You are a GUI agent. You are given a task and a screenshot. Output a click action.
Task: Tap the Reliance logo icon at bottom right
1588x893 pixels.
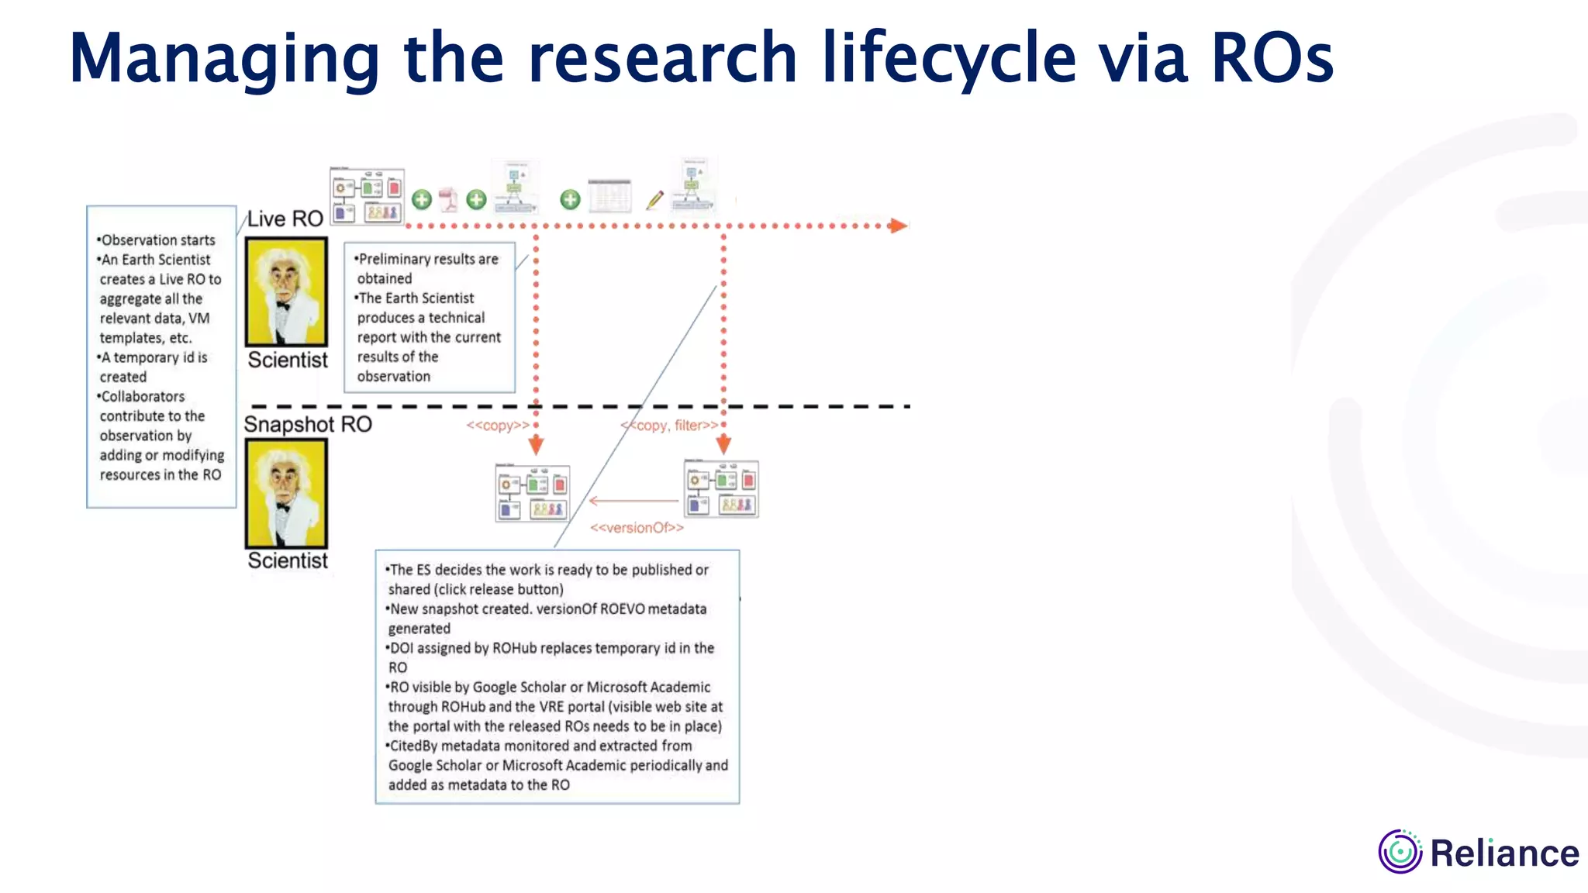[x=1400, y=851]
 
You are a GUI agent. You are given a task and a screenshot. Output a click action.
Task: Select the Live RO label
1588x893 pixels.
[x=285, y=219]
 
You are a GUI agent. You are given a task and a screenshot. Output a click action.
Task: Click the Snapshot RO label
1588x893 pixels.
[x=308, y=424]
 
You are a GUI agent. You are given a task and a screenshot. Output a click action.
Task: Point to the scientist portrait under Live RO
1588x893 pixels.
[x=286, y=291]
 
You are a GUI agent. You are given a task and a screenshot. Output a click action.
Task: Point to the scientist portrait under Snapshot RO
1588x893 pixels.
[x=286, y=493]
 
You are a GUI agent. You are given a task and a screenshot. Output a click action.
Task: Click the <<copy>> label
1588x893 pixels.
[x=498, y=425]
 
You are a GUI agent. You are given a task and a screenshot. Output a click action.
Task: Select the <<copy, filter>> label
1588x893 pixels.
[x=669, y=425]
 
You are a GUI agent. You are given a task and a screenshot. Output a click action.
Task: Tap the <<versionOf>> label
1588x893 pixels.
[x=637, y=528]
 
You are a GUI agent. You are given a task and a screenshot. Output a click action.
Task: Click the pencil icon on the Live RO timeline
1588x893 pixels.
[x=654, y=200]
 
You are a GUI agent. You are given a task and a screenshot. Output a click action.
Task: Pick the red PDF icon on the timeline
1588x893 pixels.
[x=448, y=199]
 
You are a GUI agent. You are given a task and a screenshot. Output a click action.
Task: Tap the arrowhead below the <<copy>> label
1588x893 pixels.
[x=536, y=445]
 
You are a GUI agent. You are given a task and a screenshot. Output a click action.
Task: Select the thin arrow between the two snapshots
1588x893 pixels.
[x=633, y=502]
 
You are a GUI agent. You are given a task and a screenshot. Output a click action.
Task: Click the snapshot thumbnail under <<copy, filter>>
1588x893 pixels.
[x=721, y=489]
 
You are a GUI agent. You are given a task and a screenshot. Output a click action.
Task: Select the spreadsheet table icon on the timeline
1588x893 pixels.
[x=610, y=196]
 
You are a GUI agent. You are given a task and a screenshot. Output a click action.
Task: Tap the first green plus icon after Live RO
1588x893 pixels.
[x=422, y=199]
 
